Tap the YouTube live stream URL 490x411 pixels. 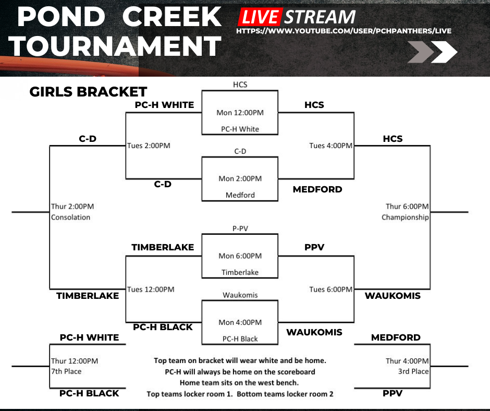pyautogui.click(x=344, y=31)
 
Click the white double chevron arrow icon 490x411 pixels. pyautogui.click(x=432, y=52)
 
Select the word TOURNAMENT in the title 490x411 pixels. pyautogui.click(x=115, y=46)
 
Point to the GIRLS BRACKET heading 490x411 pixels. pyautogui.click(x=88, y=92)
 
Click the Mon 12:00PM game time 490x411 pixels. pyautogui.click(x=240, y=113)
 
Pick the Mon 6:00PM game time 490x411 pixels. pyautogui.click(x=240, y=256)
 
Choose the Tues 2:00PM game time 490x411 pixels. pyautogui.click(x=149, y=146)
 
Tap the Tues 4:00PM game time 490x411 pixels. pyautogui.click(x=330, y=146)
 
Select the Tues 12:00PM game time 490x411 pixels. pyautogui.click(x=151, y=289)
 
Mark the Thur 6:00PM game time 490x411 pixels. pyautogui.click(x=407, y=207)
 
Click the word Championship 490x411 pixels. pyautogui.click(x=405, y=217)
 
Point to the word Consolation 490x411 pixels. pyautogui.click(x=71, y=217)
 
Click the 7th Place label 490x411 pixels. pyautogui.click(x=66, y=371)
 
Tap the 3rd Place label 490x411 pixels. pyautogui.click(x=414, y=371)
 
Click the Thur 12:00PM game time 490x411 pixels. pyautogui.click(x=75, y=361)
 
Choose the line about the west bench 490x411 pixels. pyautogui.click(x=240, y=383)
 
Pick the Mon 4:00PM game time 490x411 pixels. pyautogui.click(x=240, y=323)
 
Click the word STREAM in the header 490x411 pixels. pyautogui.click(x=320, y=17)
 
